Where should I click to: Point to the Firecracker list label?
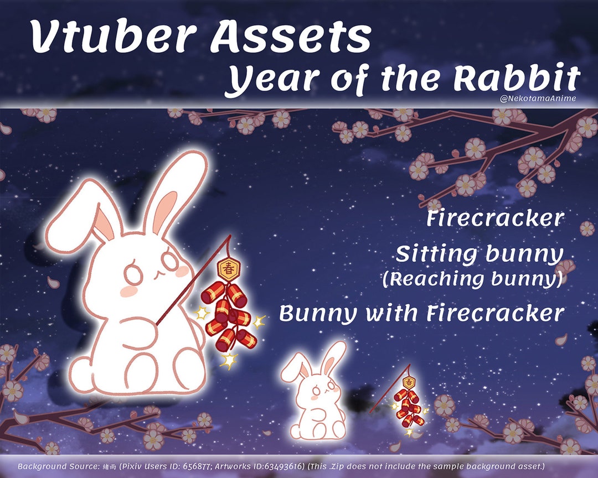click(x=494, y=218)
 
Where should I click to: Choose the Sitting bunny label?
click(x=479, y=255)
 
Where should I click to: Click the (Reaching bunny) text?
click(x=472, y=279)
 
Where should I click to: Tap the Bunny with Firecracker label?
click(x=421, y=313)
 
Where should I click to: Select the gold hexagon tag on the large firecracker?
click(x=227, y=268)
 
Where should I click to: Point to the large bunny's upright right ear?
click(x=174, y=191)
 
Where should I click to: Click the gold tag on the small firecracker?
click(x=409, y=382)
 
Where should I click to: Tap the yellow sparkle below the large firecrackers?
click(x=228, y=361)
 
